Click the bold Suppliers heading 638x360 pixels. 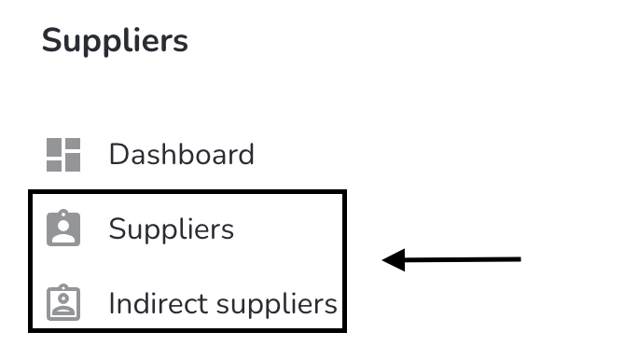(x=115, y=41)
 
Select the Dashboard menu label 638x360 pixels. (x=182, y=155)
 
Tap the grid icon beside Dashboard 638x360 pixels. (x=63, y=155)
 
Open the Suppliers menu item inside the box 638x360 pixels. (x=172, y=229)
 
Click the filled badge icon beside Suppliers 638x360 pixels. (x=63, y=228)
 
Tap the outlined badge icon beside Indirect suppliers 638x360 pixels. (x=63, y=302)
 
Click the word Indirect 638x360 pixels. (x=159, y=303)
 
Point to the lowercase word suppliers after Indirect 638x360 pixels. (x=277, y=305)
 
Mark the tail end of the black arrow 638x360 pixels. (x=520, y=259)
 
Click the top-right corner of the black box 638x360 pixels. (x=344, y=192)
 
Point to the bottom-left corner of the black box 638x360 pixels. (x=31, y=330)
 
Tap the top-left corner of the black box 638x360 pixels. (x=31, y=192)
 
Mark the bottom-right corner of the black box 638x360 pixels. (x=344, y=330)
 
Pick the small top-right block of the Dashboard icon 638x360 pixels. (x=73, y=144)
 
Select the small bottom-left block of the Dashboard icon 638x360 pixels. (x=54, y=166)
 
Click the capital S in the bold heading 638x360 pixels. (x=51, y=40)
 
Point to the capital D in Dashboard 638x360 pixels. (x=118, y=155)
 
